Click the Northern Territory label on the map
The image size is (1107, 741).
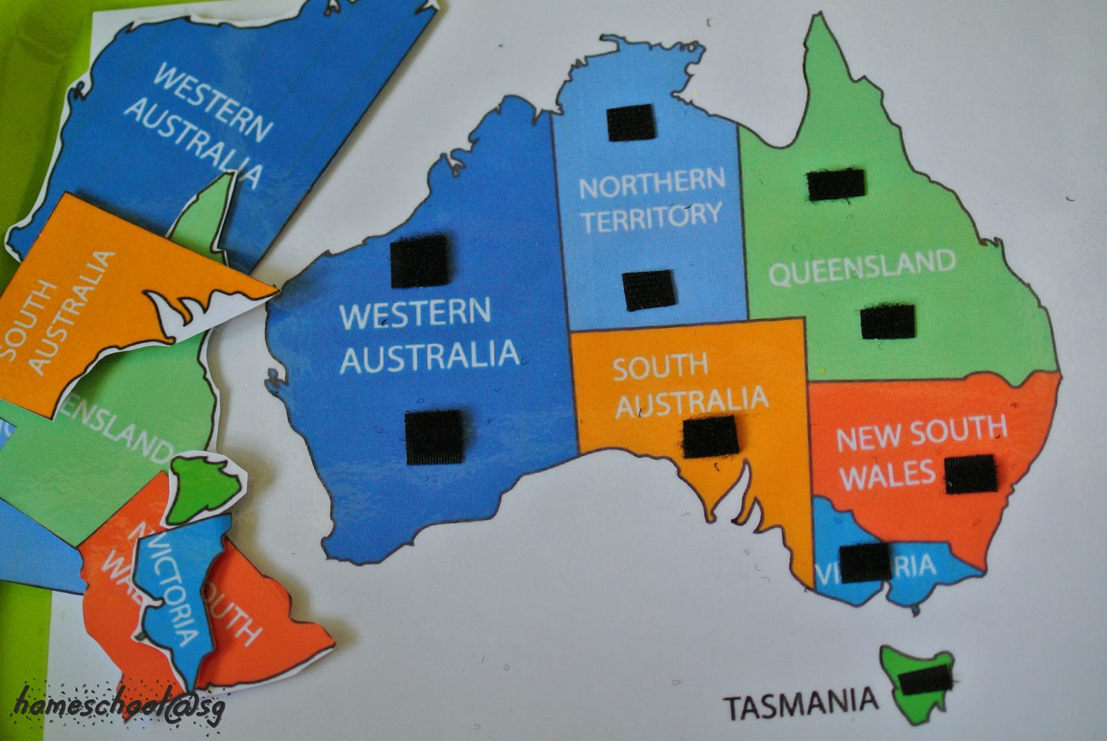pos(651,201)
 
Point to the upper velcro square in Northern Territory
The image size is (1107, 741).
pos(630,122)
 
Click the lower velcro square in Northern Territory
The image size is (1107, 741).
pos(648,290)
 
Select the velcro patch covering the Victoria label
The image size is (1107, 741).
pos(864,562)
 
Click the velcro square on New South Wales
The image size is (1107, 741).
pos(971,475)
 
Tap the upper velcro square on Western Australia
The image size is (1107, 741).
pos(419,259)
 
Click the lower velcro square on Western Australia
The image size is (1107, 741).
pos(434,437)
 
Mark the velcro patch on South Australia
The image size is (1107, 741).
pos(710,436)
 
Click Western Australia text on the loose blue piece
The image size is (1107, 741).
pos(201,125)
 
